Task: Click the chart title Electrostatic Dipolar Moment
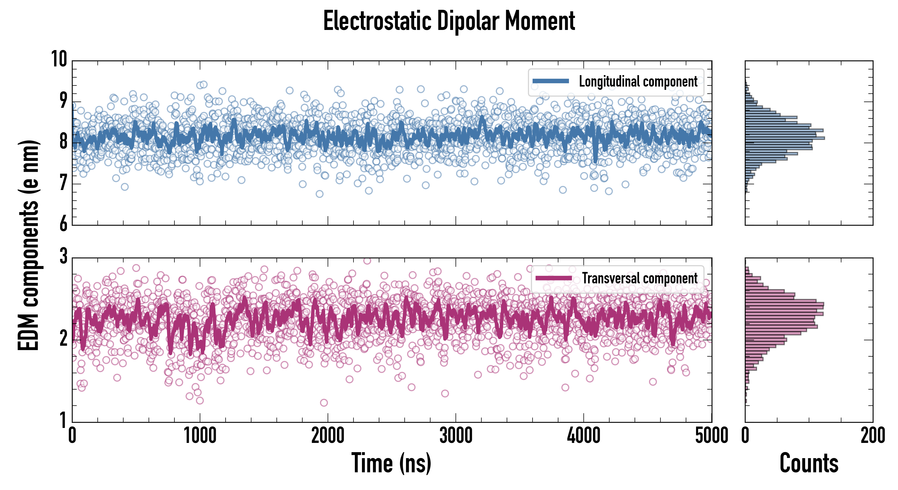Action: coord(449,21)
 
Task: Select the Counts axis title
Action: coord(809,463)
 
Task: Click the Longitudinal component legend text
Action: coord(638,82)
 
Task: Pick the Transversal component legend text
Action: coord(640,278)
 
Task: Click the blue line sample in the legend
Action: coord(551,81)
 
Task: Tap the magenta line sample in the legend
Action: coord(553,278)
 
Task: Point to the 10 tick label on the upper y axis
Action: coord(59,59)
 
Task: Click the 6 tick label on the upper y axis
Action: coord(63,223)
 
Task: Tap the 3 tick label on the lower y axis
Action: coord(63,257)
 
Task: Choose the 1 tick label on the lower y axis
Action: coord(63,420)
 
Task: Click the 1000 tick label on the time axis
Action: coord(200,436)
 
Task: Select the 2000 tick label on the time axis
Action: coord(328,436)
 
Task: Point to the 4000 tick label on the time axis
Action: coord(583,436)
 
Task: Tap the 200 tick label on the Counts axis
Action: coord(872,436)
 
